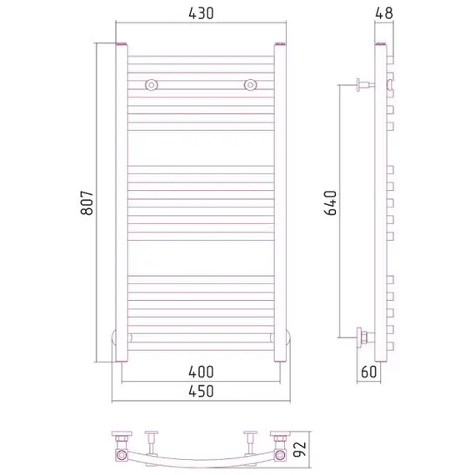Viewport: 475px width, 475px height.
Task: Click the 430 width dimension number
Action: (x=201, y=13)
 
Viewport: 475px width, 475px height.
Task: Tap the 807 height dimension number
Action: (x=87, y=202)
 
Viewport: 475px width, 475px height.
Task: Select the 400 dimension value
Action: (x=201, y=372)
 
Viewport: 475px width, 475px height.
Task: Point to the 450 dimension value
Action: (x=201, y=391)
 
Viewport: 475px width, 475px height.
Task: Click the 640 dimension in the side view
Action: (x=331, y=202)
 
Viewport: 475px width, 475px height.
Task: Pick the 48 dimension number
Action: (x=384, y=13)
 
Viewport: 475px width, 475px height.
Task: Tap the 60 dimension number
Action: (x=369, y=372)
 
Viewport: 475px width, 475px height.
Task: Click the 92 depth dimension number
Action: (x=300, y=449)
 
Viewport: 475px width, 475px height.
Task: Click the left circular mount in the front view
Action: (x=151, y=85)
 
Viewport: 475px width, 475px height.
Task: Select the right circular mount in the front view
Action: (x=250, y=85)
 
